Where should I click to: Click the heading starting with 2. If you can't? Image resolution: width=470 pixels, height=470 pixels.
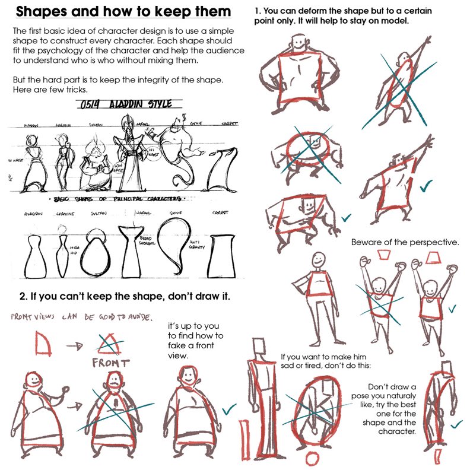[x=124, y=295]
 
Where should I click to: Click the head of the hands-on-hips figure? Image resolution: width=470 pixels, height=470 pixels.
[x=295, y=43]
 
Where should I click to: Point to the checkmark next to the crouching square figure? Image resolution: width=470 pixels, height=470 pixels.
[x=346, y=218]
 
